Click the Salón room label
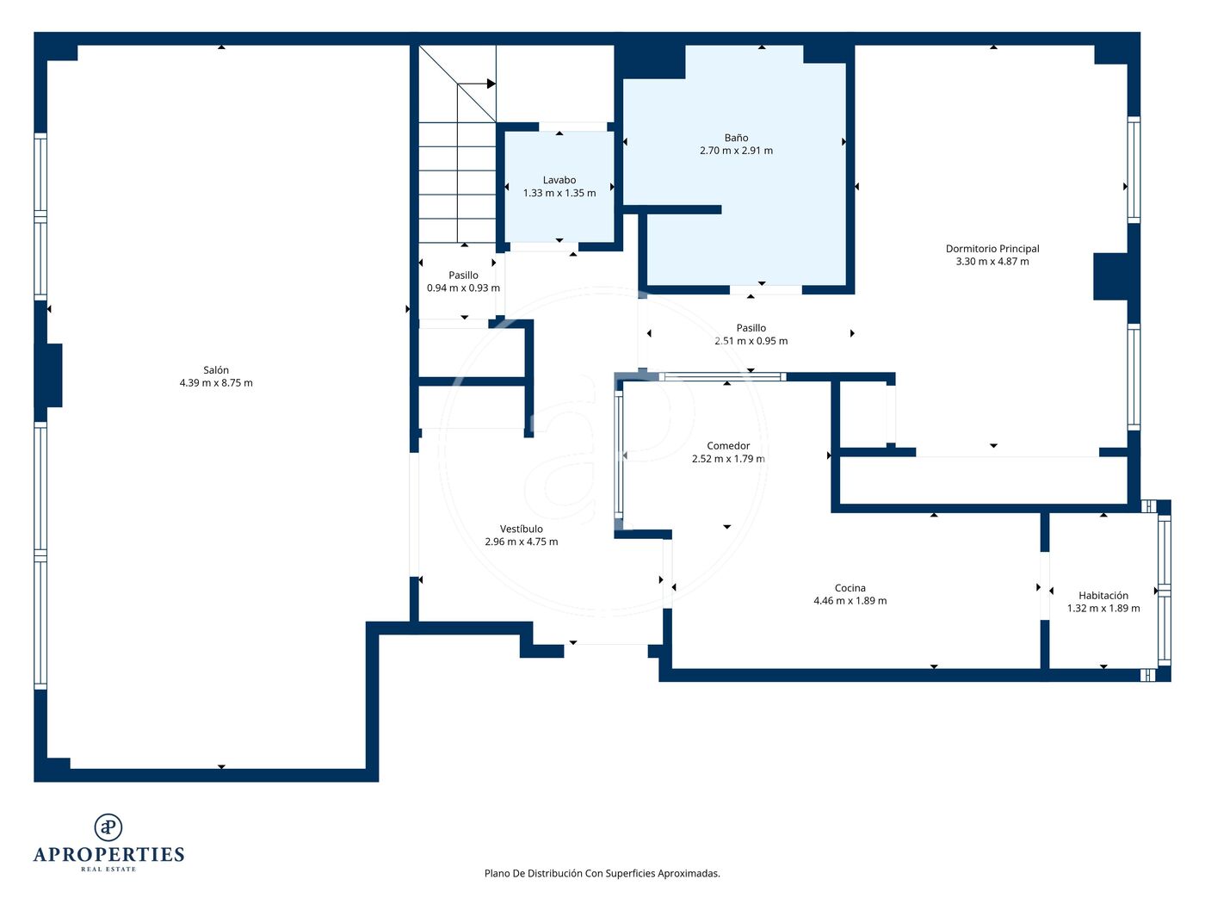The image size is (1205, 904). pos(216,370)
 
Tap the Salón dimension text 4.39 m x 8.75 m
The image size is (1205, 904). pos(216,383)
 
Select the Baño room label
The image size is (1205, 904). pos(736,138)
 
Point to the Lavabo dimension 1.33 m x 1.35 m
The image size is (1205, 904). pos(559,193)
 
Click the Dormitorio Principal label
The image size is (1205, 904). pos(992,249)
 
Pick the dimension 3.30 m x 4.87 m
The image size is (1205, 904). pos(992,262)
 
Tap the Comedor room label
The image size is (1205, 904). pos(728,446)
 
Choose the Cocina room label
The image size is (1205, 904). pos(850,588)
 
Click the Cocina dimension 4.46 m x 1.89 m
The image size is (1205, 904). pos(850,601)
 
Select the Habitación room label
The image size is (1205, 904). pos(1103,596)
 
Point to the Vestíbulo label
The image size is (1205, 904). pos(521,529)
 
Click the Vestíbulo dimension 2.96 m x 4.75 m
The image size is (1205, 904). pos(521,542)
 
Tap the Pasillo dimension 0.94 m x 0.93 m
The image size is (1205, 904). pos(463,288)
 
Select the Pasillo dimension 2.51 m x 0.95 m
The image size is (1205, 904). pos(751,341)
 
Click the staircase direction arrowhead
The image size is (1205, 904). pos(491,84)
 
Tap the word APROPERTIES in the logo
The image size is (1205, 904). pos(108,855)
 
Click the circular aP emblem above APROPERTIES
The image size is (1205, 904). pos(108,827)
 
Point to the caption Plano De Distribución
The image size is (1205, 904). pos(533,873)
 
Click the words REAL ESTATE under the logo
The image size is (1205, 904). pos(108,870)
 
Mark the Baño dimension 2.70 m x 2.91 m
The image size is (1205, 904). pos(736,151)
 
